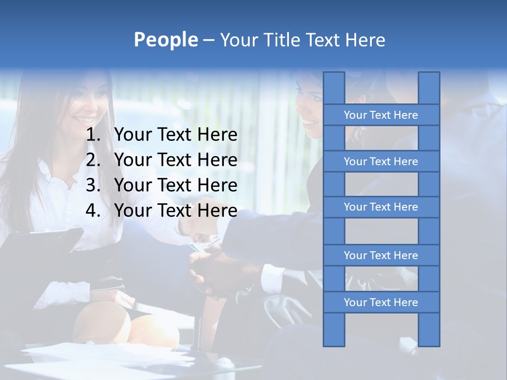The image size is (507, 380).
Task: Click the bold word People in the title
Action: [x=165, y=40]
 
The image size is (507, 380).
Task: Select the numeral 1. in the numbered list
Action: [x=93, y=135]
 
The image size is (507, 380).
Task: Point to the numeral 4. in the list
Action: [x=93, y=211]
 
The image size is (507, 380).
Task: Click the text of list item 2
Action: [x=175, y=160]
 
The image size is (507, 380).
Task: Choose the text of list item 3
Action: [x=175, y=185]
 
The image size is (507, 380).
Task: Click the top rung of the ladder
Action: [x=381, y=115]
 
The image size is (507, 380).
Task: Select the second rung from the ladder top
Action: [x=381, y=161]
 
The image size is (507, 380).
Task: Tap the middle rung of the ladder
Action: [x=381, y=207]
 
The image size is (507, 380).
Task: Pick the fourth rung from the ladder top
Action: [x=381, y=255]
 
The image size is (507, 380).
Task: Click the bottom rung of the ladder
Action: [x=381, y=302]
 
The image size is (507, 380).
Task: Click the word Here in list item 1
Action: [x=217, y=135]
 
